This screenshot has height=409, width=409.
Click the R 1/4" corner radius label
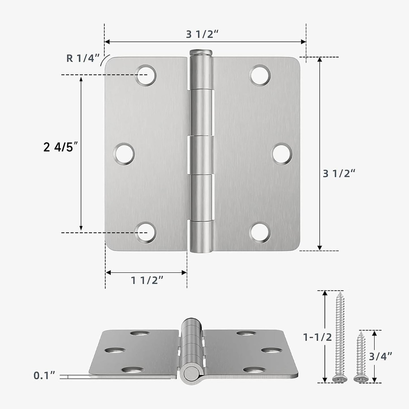[x=83, y=58]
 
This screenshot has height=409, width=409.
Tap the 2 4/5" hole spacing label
[x=60, y=147]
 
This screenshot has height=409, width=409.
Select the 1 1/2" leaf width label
[x=147, y=280]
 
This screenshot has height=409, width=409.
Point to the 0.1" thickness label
[x=44, y=376]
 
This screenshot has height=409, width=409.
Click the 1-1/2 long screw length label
[x=317, y=337]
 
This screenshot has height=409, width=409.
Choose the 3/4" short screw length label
[x=380, y=356]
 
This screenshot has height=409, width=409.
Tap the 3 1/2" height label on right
[x=339, y=174]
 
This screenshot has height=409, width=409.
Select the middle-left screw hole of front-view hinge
[x=124, y=154]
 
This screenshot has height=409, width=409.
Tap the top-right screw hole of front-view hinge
[x=260, y=75]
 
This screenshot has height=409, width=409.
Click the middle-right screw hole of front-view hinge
[x=282, y=154]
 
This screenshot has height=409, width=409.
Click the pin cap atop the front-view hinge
[x=201, y=52]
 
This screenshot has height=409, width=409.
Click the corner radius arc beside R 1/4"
[x=104, y=60]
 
